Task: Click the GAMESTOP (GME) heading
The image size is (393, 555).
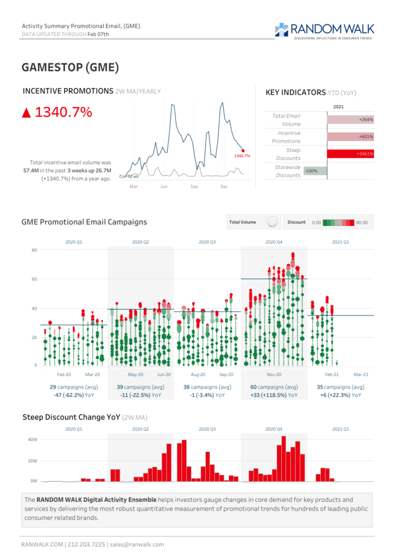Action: pyautogui.click(x=70, y=67)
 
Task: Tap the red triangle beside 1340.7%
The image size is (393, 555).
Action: pyautogui.click(x=26, y=113)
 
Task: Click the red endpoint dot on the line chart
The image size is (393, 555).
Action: pyautogui.click(x=243, y=151)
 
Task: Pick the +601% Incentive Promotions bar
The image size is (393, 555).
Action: pyautogui.click(x=351, y=137)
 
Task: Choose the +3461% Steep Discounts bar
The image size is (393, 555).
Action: pyautogui.click(x=351, y=154)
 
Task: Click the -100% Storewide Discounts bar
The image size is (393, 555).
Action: pyautogui.click(x=315, y=171)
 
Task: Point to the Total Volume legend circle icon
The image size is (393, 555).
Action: pyautogui.click(x=272, y=222)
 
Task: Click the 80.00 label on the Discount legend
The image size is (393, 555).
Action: pyautogui.click(x=362, y=222)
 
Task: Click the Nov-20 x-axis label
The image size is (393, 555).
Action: pyautogui.click(x=274, y=375)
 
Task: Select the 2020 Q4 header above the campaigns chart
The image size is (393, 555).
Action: pyautogui.click(x=274, y=242)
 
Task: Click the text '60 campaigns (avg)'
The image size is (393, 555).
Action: pyautogui.click(x=274, y=387)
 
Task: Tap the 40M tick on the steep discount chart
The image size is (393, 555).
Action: pyautogui.click(x=33, y=440)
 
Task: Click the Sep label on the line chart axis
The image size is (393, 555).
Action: pyautogui.click(x=194, y=186)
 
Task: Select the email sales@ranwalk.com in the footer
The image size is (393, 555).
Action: pyautogui.click(x=137, y=544)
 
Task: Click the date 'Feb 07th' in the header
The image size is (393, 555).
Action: pyautogui.click(x=99, y=34)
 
